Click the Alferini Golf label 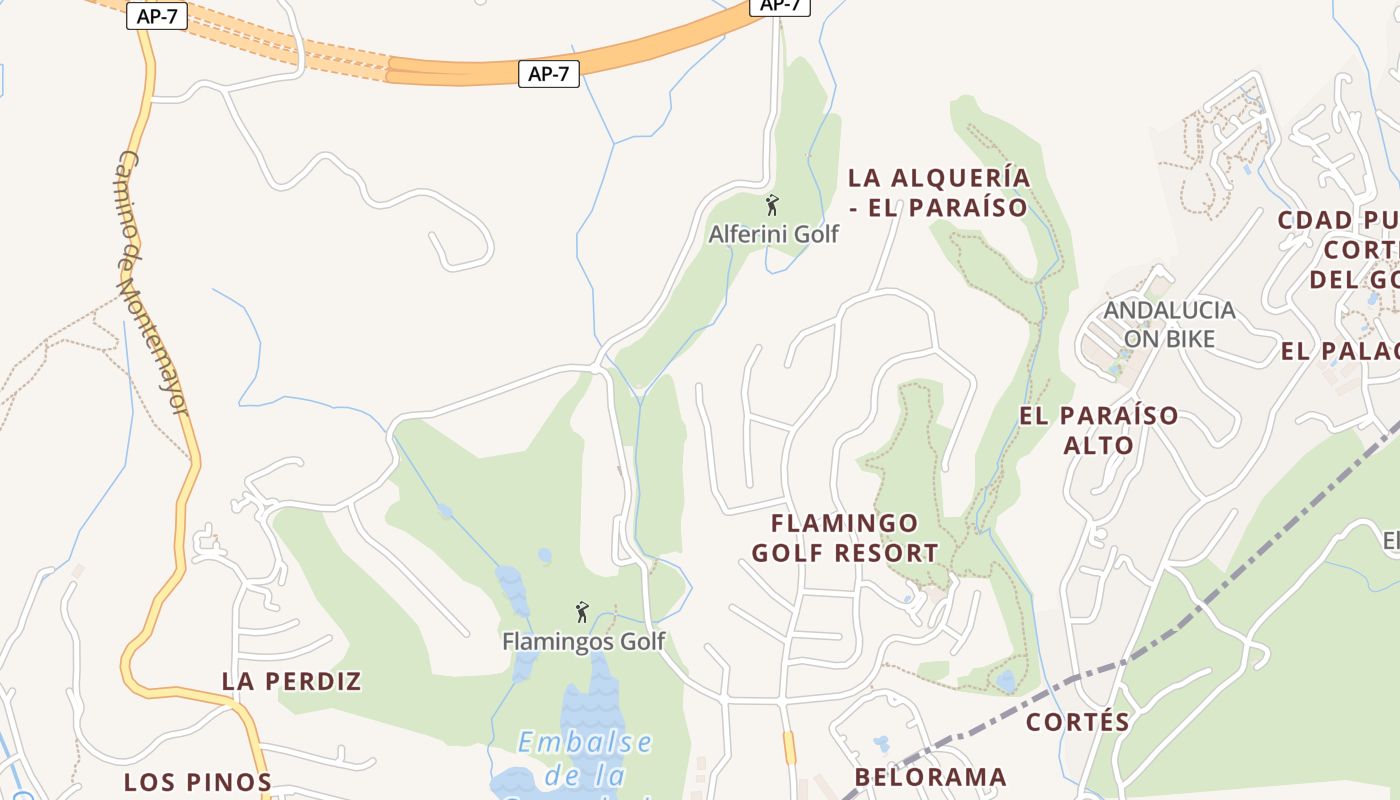[773, 234]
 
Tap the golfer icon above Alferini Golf [772, 206]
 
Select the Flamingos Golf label [583, 641]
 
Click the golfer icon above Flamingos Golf [582, 612]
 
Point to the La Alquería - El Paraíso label [938, 192]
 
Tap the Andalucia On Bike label [1169, 324]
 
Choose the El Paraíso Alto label [1098, 429]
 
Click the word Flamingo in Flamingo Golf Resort [844, 523]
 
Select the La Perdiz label [291, 681]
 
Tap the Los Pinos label [197, 782]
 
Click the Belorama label [930, 777]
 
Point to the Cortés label [1078, 722]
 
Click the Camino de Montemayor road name [152, 283]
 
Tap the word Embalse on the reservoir [585, 742]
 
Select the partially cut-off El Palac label [1339, 351]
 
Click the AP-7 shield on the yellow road [158, 16]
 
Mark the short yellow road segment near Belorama [789, 747]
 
